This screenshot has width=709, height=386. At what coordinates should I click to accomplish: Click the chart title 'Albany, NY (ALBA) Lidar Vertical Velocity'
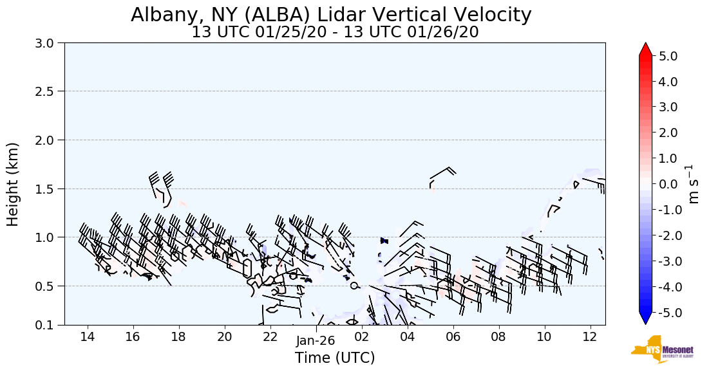click(331, 15)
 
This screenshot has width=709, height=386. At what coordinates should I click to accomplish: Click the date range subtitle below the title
click(335, 32)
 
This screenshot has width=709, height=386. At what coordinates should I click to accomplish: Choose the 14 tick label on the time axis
click(88, 337)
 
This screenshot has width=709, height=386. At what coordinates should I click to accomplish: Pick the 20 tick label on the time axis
click(224, 337)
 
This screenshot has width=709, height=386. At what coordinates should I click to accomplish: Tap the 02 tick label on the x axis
click(361, 337)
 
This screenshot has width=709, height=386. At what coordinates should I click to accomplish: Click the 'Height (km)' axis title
click(14, 184)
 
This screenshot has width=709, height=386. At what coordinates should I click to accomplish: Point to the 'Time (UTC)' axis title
click(335, 358)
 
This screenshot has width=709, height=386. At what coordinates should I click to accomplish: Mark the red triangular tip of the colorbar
click(645, 50)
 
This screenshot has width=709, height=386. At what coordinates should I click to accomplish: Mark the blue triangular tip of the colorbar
click(645, 318)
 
